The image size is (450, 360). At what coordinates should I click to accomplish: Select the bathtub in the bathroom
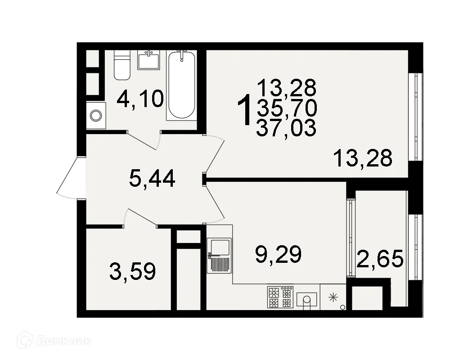coord(181,85)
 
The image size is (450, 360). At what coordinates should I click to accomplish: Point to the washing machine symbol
coord(96,116)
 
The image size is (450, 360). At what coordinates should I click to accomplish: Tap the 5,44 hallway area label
coord(152,179)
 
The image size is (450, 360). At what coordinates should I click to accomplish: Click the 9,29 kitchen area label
coord(277,254)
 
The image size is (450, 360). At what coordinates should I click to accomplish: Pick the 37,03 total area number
coord(286,128)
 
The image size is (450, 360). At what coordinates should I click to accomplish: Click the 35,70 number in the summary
coord(286,108)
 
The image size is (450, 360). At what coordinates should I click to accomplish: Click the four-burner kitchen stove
coord(280,297)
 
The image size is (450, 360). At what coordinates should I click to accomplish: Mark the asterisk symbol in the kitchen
coord(333,297)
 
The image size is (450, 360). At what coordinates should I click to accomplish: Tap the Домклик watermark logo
coord(54,341)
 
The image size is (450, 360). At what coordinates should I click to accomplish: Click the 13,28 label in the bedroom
coord(363,158)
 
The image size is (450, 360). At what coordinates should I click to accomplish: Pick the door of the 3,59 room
coord(140,217)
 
